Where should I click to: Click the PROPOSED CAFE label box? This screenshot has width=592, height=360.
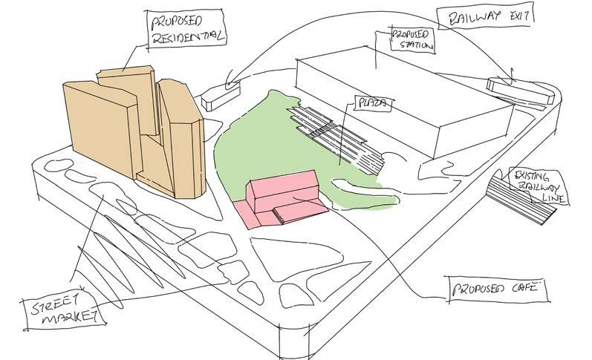coord(496,289)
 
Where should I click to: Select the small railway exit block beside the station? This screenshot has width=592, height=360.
coord(520,90)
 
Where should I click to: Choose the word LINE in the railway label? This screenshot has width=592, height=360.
coord(556,199)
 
